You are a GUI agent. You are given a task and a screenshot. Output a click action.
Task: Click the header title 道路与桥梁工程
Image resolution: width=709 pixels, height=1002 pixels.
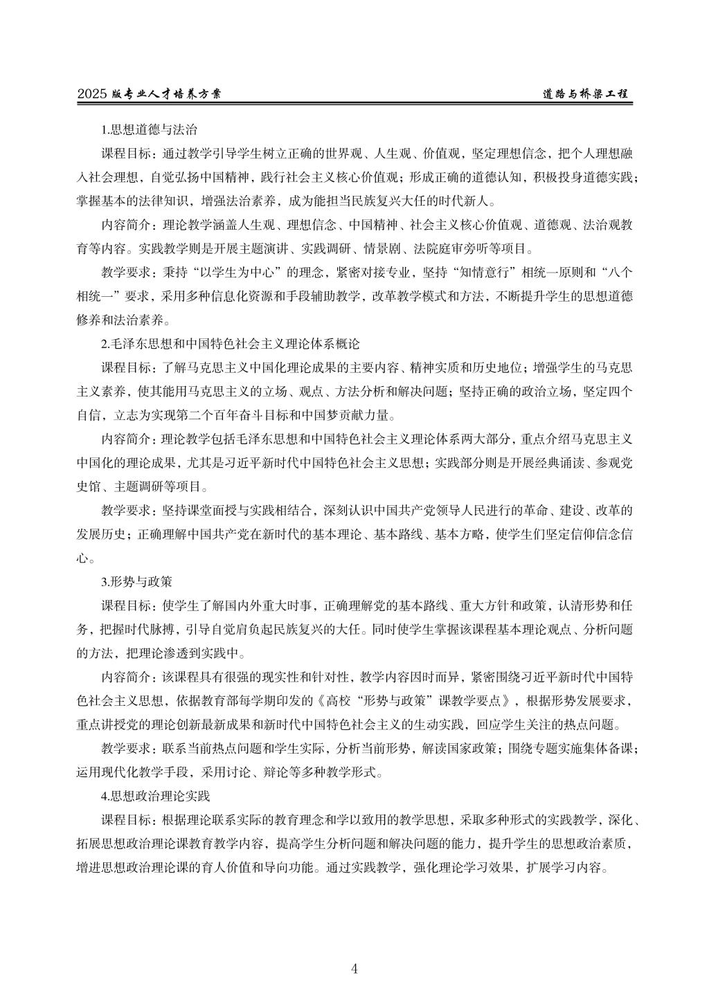click(585, 93)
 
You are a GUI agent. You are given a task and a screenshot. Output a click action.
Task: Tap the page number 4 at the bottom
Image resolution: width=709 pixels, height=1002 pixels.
click(354, 968)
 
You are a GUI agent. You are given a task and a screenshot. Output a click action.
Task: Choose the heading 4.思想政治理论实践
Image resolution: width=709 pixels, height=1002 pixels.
click(155, 796)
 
